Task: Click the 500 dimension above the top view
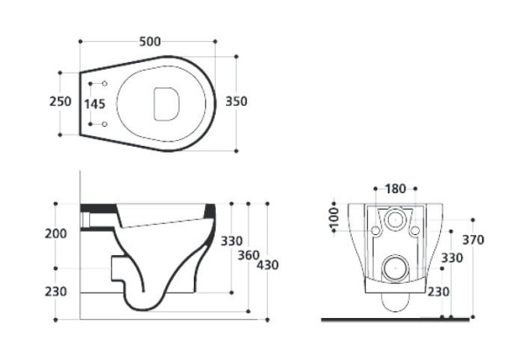click(x=149, y=42)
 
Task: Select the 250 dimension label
click(x=60, y=101)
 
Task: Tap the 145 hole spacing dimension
click(x=94, y=104)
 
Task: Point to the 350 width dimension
click(x=237, y=101)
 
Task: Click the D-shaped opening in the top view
click(x=167, y=104)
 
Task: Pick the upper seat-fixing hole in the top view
click(x=105, y=84)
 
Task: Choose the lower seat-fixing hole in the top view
click(x=105, y=124)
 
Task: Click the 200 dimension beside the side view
click(x=56, y=233)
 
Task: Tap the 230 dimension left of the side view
click(x=56, y=292)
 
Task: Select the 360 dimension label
click(x=249, y=255)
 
